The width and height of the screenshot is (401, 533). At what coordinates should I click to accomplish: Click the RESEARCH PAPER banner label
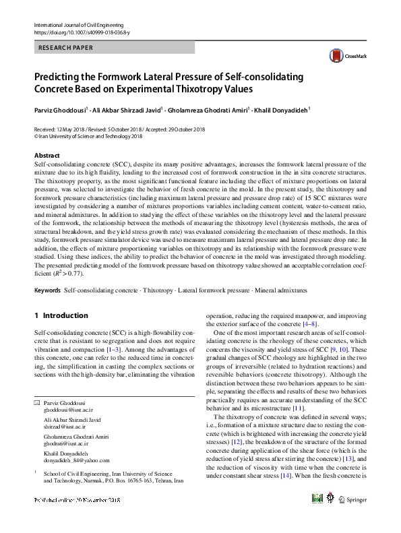tap(66, 48)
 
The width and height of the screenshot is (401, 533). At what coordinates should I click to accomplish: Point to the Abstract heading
tap(47, 156)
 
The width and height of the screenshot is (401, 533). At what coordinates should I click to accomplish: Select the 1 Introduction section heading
tap(61, 315)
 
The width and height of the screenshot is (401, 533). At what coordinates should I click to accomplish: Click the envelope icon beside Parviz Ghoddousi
tap(37, 402)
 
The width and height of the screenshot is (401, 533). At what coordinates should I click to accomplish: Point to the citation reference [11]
tap(299, 408)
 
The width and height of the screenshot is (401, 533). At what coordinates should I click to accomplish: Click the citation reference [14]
tap(286, 475)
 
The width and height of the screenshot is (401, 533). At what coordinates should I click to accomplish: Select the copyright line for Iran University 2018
tap(88, 135)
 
